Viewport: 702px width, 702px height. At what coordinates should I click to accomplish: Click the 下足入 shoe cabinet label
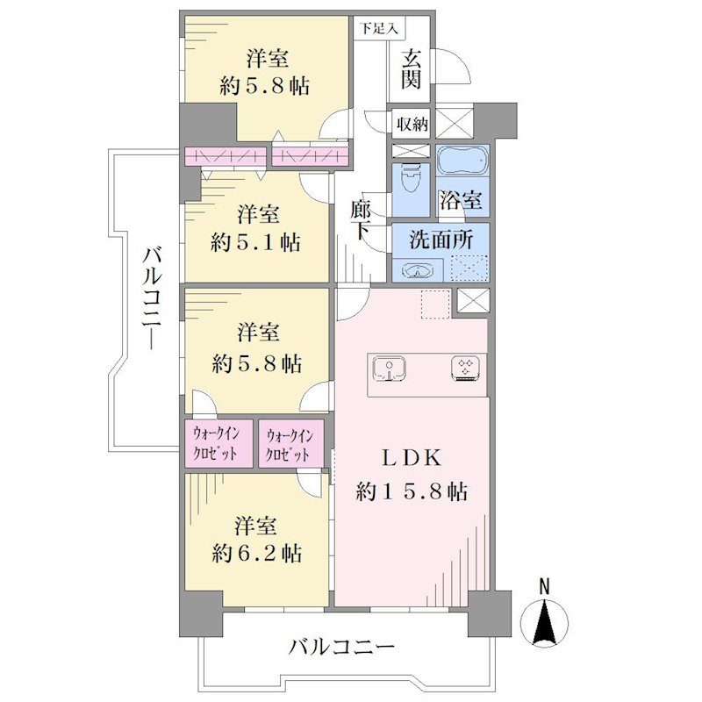[379, 29]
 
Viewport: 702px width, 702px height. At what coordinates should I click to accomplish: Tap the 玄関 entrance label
[411, 70]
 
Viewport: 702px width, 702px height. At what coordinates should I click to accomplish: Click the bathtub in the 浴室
[462, 161]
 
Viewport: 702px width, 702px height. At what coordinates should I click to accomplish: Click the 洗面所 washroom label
[441, 240]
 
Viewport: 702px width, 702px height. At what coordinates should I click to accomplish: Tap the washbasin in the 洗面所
[418, 270]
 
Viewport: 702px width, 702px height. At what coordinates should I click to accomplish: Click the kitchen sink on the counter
[389, 368]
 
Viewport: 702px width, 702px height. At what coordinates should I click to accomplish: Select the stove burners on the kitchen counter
[468, 368]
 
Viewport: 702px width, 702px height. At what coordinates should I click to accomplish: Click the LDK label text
[411, 458]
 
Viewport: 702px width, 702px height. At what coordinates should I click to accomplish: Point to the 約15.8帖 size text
[412, 492]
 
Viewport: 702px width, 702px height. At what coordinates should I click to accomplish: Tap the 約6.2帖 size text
[257, 554]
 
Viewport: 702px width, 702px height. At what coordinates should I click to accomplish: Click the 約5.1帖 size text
[255, 243]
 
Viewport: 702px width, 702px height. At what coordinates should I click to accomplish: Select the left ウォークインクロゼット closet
[218, 443]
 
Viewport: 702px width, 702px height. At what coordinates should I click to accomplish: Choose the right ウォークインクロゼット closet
[291, 443]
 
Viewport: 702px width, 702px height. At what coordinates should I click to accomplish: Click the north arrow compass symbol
[545, 623]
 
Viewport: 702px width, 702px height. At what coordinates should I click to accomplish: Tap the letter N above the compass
[544, 586]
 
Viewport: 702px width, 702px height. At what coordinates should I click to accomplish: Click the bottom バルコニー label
[341, 647]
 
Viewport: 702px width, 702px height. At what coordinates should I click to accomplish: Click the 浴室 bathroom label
[462, 200]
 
